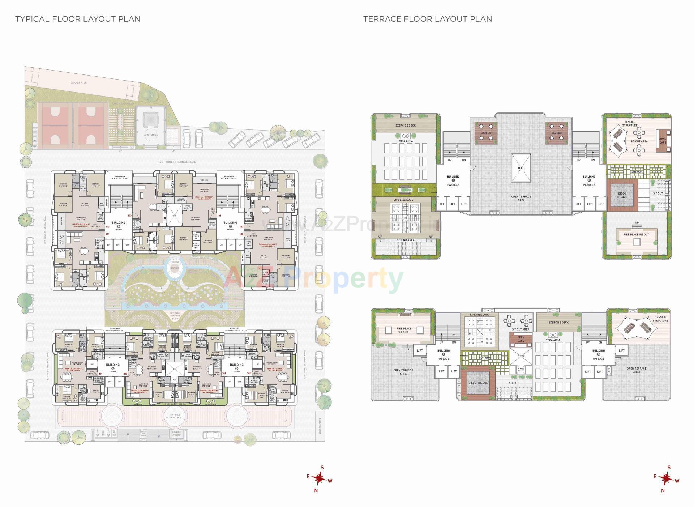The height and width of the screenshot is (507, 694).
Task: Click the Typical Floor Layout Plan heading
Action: pyautogui.click(x=78, y=19)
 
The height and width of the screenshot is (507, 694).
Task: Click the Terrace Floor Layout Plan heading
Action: pyautogui.click(x=427, y=19)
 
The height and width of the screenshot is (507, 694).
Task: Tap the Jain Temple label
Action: pyautogui.click(x=151, y=135)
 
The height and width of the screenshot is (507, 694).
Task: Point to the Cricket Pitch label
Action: pyautogui.click(x=78, y=83)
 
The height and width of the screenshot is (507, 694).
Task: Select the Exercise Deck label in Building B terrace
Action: pyautogui.click(x=405, y=125)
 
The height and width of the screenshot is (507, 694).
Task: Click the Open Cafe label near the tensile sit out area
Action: pyautogui.click(x=663, y=141)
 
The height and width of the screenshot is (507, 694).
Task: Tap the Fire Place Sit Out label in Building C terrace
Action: pyautogui.click(x=636, y=234)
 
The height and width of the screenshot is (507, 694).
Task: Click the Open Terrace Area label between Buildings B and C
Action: pyautogui.click(x=521, y=199)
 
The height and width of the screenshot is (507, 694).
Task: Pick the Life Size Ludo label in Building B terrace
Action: pyautogui.click(x=403, y=200)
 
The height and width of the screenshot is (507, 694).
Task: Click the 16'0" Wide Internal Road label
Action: pyautogui.click(x=177, y=162)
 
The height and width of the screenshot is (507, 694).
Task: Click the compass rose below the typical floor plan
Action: pyautogui.click(x=319, y=479)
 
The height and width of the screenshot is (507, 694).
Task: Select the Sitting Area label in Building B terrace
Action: pyautogui.click(x=405, y=240)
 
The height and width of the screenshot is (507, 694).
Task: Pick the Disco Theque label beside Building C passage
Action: pyautogui.click(x=622, y=195)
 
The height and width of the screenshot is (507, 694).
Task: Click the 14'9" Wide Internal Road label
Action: pyautogui.click(x=175, y=416)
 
